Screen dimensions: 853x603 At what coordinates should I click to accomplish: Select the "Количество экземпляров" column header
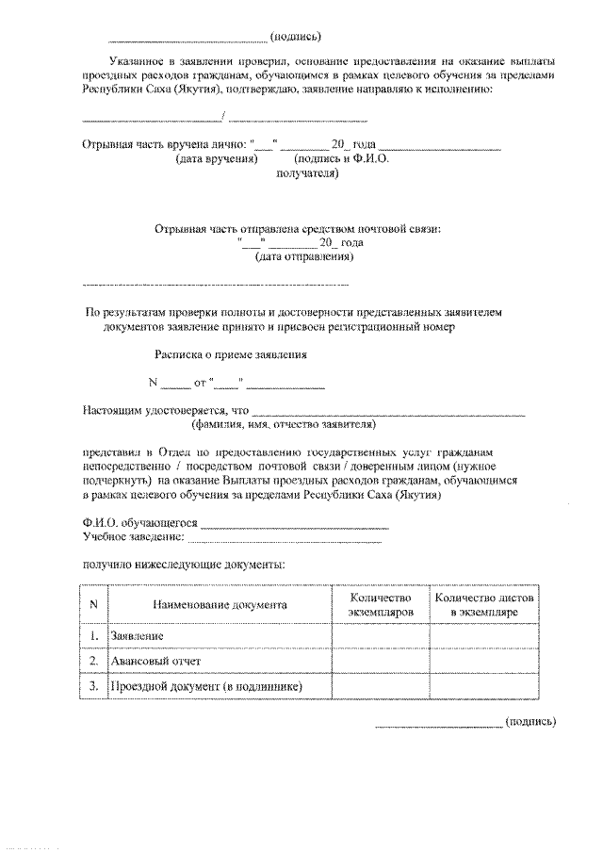(382, 605)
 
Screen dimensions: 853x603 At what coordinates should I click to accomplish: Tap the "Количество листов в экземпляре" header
(482, 605)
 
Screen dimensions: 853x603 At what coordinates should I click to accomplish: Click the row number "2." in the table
(93, 662)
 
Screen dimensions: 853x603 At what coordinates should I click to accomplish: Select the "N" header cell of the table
(93, 605)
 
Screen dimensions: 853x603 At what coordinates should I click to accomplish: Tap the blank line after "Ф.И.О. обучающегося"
(294, 524)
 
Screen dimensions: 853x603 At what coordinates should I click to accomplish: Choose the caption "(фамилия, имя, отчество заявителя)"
(284, 424)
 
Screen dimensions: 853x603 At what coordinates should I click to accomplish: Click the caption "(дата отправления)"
(303, 256)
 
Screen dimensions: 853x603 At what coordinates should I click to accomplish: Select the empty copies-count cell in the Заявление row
(382, 637)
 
